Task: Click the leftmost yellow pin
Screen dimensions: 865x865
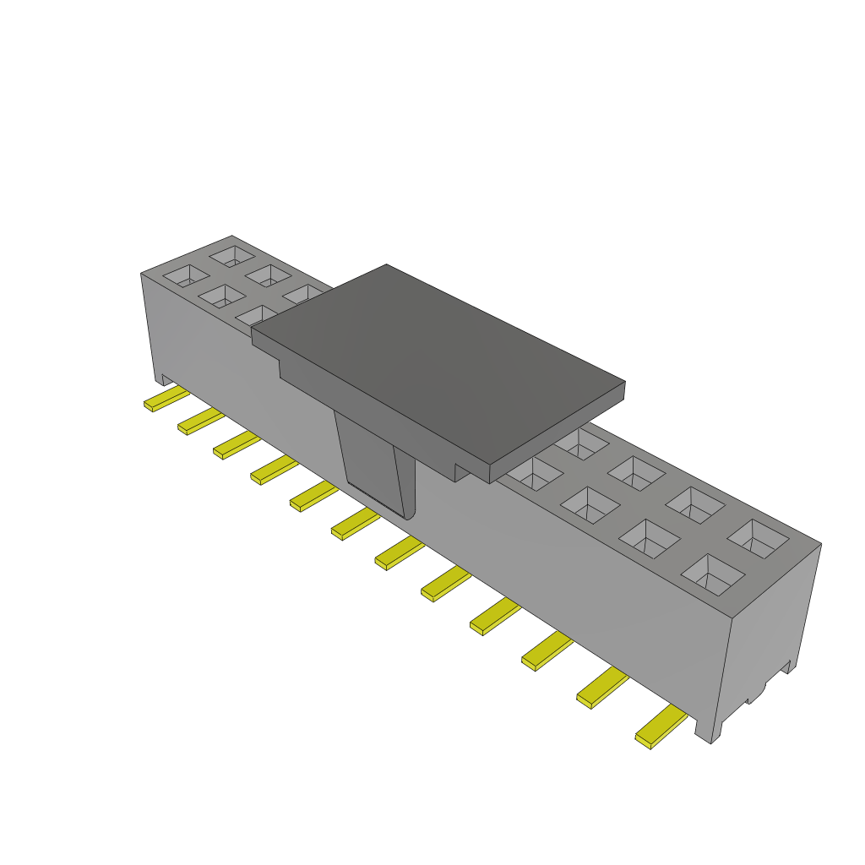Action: [x=166, y=399]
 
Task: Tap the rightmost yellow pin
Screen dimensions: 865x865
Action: [x=661, y=726]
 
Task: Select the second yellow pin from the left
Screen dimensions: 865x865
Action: [x=200, y=421]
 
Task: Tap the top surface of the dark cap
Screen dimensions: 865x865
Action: [x=439, y=363]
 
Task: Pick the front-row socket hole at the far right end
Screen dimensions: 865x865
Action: [x=713, y=572]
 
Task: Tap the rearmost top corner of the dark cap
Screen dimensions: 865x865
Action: [x=386, y=265]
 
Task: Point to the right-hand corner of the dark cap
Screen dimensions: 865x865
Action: [x=624, y=383]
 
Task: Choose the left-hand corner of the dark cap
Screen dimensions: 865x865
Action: [x=253, y=331]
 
